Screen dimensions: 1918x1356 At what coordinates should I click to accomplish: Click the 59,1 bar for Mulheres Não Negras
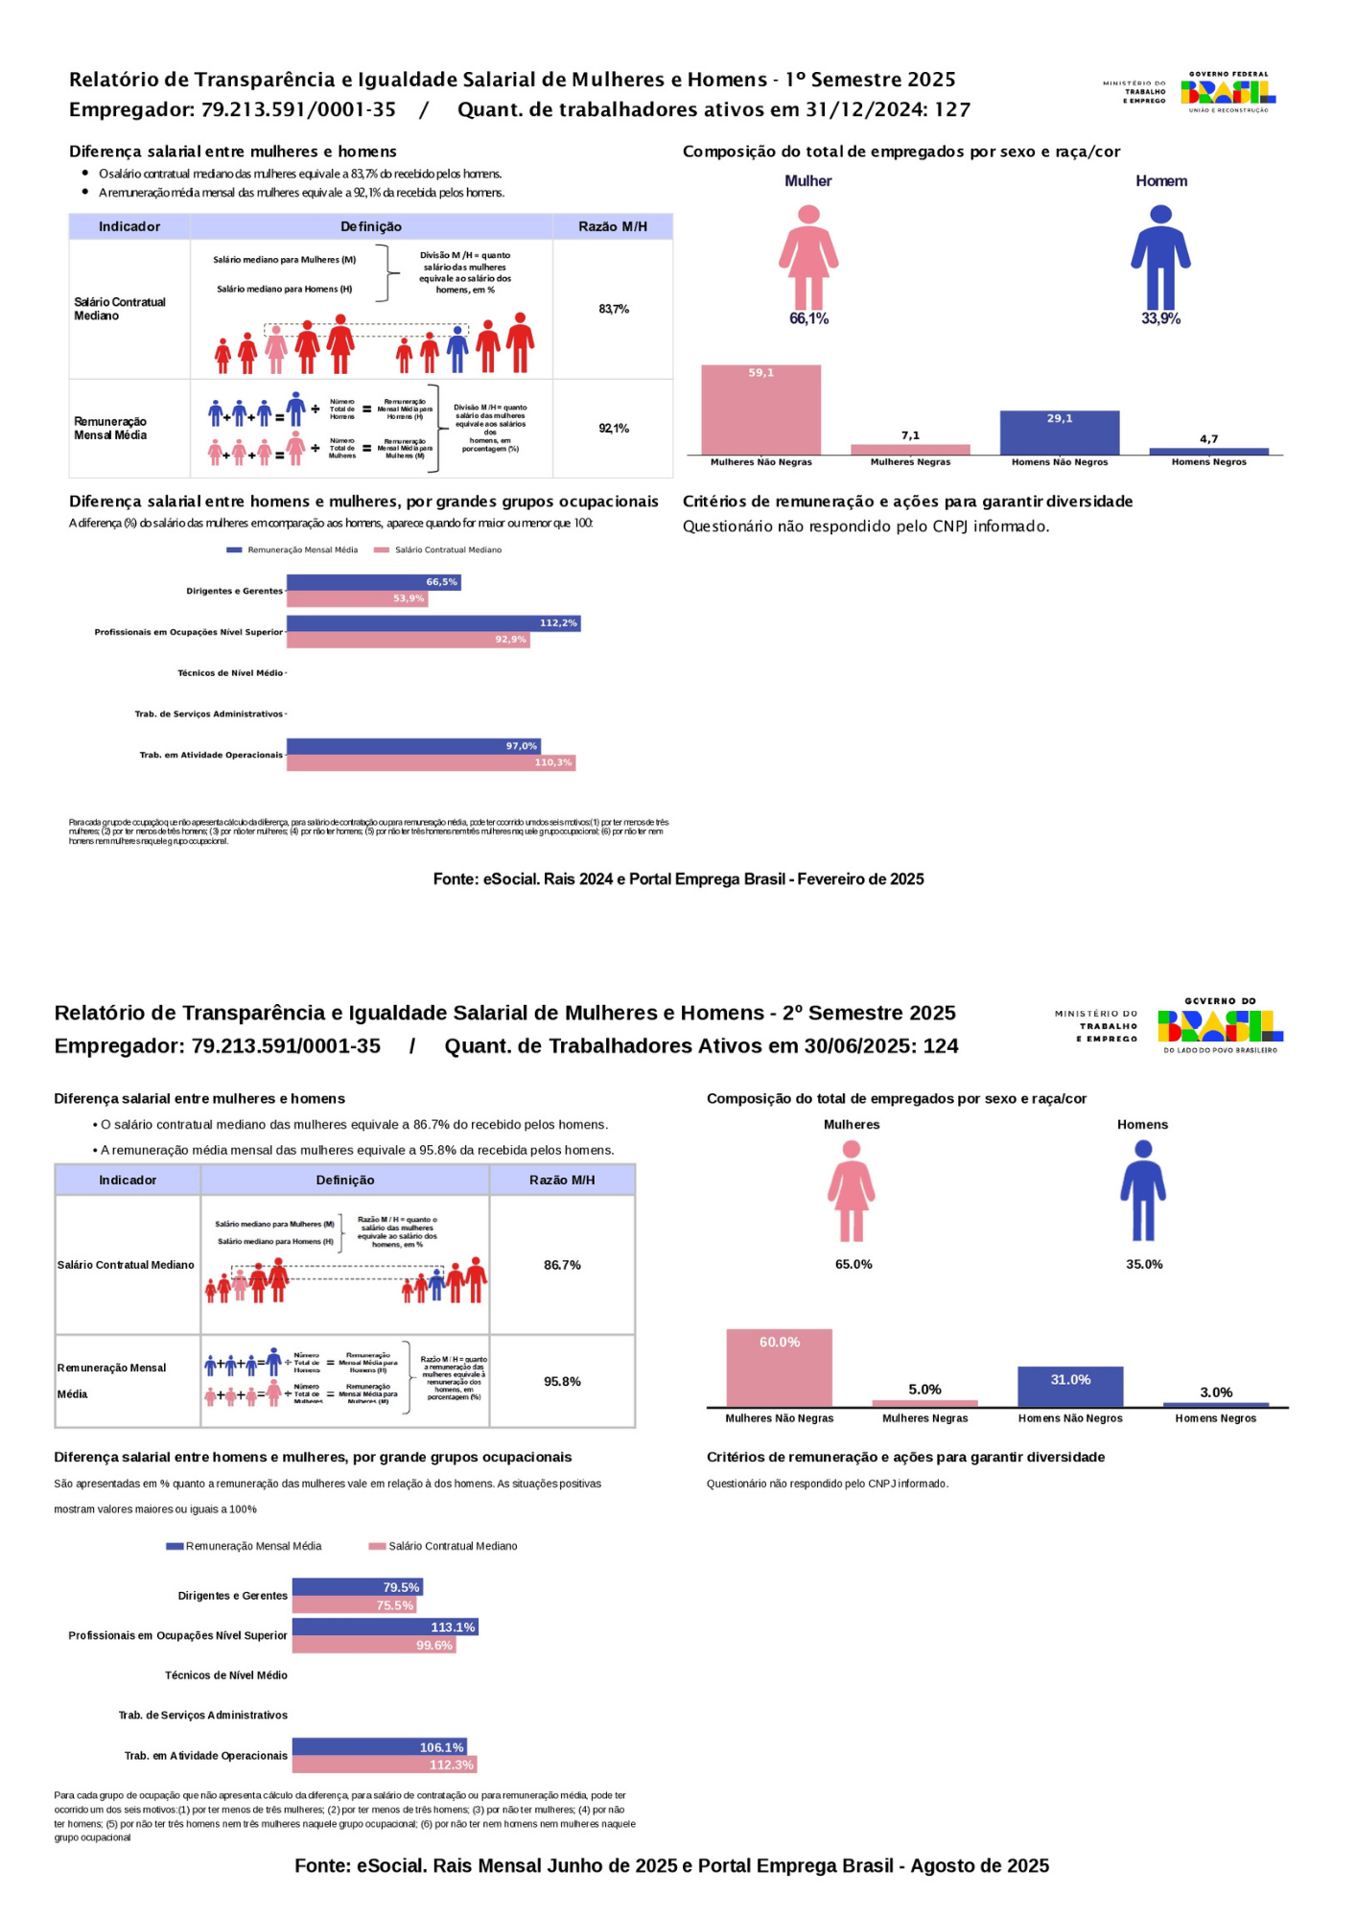760,409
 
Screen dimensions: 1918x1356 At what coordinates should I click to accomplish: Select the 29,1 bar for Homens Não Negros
1059,433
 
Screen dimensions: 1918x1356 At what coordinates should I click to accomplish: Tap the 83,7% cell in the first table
614,309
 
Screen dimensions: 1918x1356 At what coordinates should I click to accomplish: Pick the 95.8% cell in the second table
562,1381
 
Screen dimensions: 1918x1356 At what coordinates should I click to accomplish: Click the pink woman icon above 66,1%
808,257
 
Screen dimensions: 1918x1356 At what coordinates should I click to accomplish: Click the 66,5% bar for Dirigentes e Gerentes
374,582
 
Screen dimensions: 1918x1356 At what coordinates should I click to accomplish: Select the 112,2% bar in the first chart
433,623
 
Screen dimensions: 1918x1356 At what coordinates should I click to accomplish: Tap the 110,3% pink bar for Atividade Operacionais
431,762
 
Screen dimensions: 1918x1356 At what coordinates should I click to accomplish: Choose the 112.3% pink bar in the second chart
384,1765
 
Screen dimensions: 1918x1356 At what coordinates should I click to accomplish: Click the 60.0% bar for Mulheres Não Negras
779,1368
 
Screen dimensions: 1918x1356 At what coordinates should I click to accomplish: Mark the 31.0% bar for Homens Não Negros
1070,1387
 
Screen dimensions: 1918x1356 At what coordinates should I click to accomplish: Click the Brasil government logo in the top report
1228,92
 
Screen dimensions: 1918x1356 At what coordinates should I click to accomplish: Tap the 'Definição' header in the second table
345,1180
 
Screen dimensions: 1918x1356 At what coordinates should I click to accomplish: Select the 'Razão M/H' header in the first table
613,226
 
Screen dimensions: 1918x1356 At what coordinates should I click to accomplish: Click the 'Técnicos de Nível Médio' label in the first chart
230,673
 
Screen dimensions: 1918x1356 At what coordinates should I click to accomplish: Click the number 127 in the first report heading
952,109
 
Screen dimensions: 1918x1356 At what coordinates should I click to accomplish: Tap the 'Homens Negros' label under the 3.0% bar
1215,1418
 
